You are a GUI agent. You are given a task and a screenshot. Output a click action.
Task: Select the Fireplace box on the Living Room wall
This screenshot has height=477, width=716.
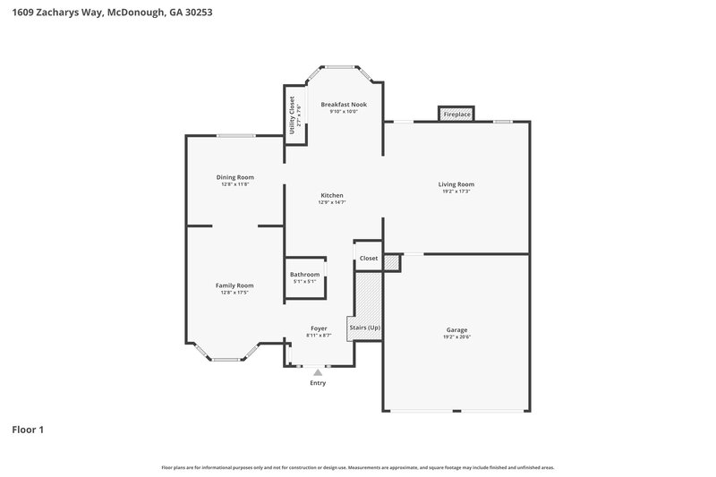[456, 115]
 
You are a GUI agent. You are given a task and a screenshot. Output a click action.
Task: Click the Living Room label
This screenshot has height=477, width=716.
[456, 184]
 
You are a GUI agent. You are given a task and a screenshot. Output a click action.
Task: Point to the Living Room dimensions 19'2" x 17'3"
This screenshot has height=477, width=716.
[456, 192]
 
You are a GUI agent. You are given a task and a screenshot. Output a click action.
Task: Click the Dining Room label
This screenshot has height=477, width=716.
[235, 177]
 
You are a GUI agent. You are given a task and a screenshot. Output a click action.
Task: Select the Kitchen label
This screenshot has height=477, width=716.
[332, 195]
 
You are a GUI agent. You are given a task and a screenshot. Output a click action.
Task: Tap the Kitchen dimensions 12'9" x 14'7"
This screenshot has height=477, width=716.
[332, 202]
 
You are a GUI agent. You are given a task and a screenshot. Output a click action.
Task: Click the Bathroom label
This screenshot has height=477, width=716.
[304, 275]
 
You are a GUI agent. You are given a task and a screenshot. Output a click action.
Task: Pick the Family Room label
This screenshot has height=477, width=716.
[234, 285]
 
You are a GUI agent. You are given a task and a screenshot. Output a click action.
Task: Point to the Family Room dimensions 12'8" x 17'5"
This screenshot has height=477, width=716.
[234, 293]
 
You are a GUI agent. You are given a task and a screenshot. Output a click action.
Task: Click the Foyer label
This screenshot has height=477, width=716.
[319, 328]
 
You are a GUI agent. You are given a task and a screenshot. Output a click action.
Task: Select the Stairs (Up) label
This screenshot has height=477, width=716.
[365, 328]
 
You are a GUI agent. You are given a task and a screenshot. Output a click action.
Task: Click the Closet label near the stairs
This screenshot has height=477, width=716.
[369, 258]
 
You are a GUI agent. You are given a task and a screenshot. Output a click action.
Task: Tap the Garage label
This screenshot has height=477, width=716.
[456, 329]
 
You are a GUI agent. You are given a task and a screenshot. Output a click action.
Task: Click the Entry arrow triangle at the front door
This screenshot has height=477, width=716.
[318, 371]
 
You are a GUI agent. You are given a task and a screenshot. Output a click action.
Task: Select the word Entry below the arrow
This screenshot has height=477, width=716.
[318, 383]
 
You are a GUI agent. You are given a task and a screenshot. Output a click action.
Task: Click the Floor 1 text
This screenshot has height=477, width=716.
[28, 430]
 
